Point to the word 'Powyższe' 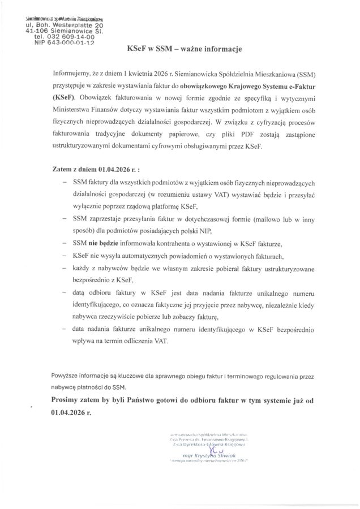[66, 376]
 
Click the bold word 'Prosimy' [68, 400]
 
